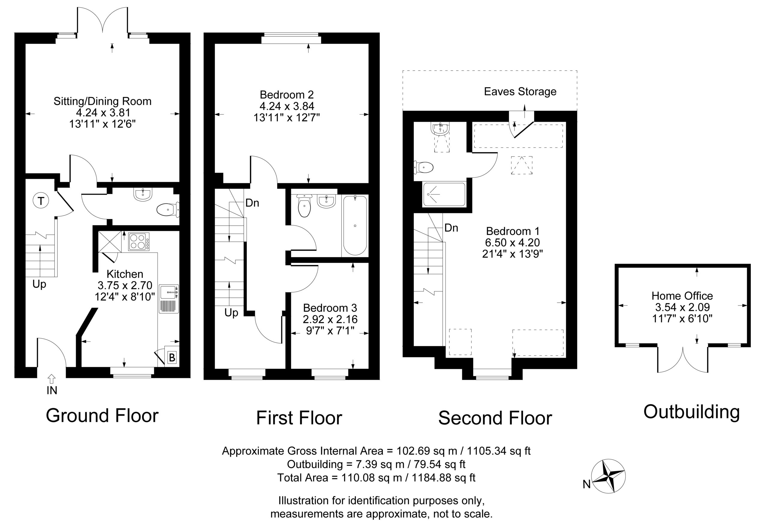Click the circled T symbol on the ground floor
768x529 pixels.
(41, 201)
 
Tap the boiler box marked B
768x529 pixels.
(172, 358)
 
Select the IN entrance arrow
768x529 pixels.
(52, 379)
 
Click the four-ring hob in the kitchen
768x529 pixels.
(139, 242)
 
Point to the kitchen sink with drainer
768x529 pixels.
(169, 299)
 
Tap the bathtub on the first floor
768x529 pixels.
(355, 225)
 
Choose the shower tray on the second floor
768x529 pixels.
(444, 194)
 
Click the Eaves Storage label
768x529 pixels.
(520, 92)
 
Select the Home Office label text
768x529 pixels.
(682, 296)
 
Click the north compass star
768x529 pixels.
(608, 476)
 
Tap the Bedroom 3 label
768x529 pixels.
(330, 308)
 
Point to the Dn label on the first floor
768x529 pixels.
(252, 203)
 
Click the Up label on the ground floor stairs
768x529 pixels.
(39, 284)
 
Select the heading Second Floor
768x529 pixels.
(495, 418)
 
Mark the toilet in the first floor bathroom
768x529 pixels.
(304, 206)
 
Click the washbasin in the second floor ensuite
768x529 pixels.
(440, 128)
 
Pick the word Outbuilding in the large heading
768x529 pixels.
(691, 412)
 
